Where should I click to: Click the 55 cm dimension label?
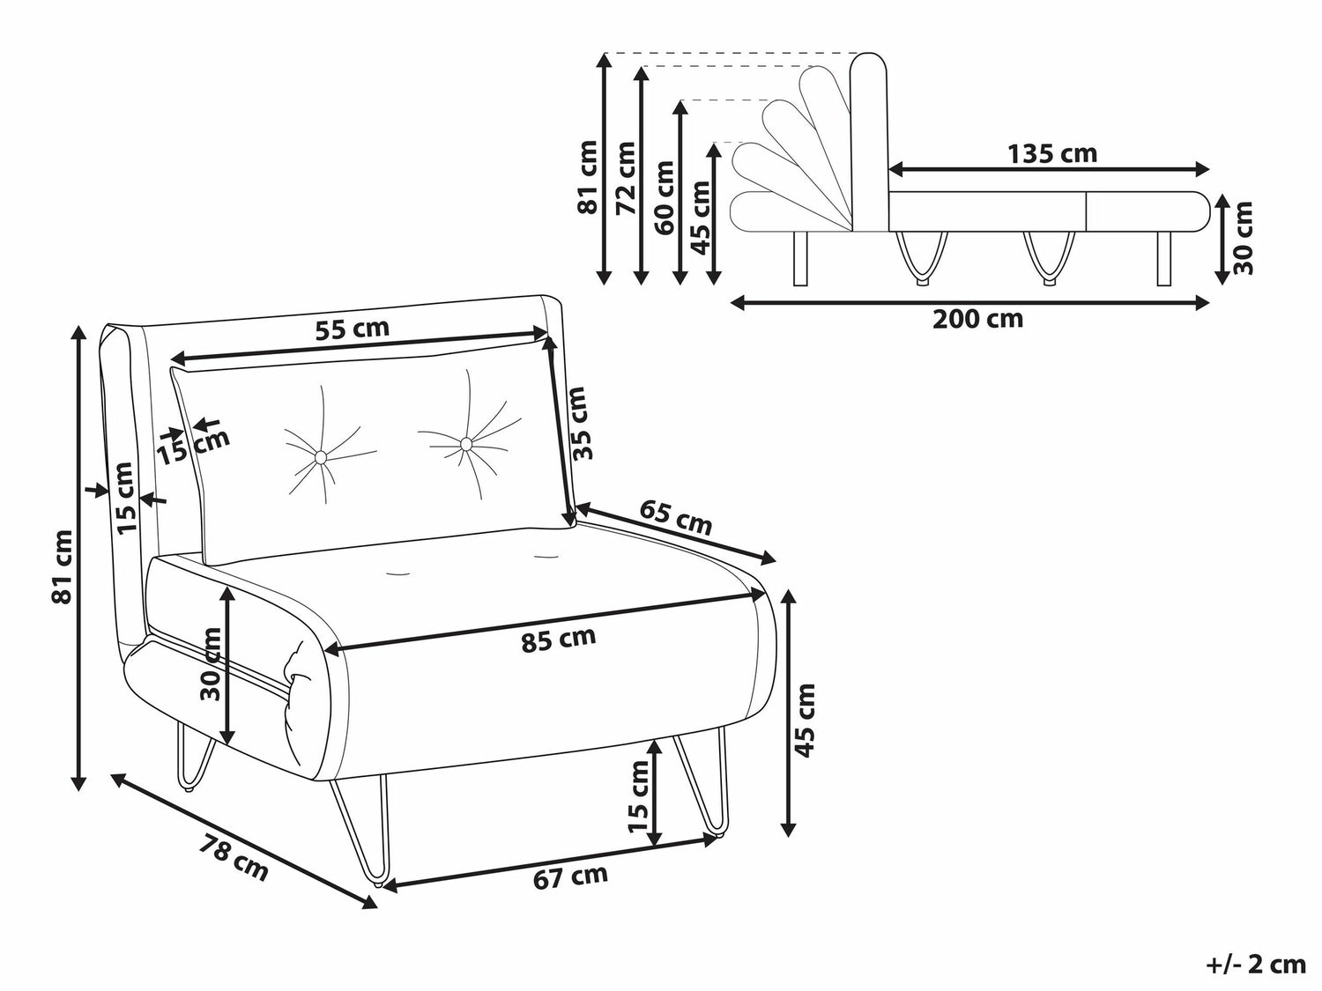[x=353, y=329]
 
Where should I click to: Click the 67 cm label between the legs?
[x=570, y=876]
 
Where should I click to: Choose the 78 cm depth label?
[x=234, y=856]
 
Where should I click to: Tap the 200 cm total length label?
[x=977, y=319]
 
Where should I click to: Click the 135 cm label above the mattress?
[x=1052, y=154]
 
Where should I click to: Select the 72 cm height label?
[x=626, y=177]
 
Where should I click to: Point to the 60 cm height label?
[x=665, y=196]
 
